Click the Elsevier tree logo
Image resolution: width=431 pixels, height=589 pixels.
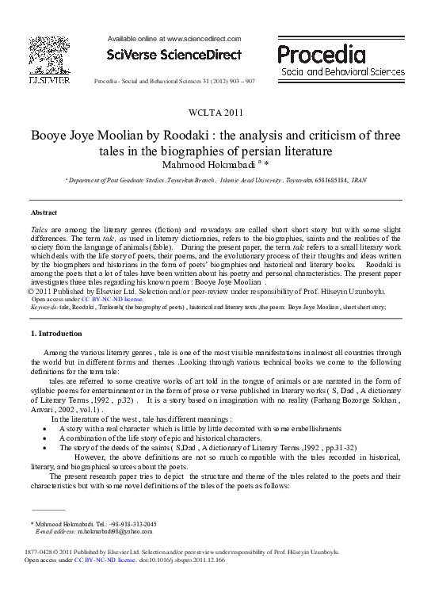(x=49, y=55)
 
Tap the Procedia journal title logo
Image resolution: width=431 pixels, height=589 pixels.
(x=321, y=55)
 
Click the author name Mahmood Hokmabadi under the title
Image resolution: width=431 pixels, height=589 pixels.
(x=211, y=164)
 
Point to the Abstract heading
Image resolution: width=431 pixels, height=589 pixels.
(x=44, y=213)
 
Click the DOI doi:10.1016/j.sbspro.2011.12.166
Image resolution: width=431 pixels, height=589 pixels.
(x=183, y=560)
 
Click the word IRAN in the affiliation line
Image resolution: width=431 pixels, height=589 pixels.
(x=359, y=181)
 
